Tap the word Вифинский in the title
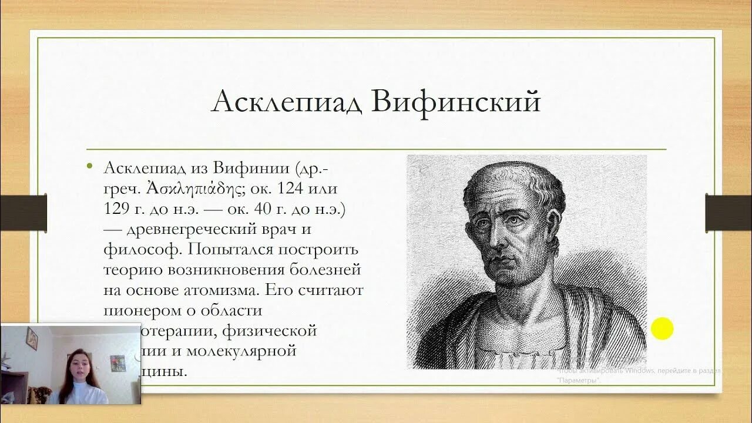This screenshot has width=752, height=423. click(455, 103)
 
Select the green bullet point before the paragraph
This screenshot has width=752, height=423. click(89, 167)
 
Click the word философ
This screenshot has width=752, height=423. click(140, 250)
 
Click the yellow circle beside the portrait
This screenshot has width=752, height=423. click(662, 328)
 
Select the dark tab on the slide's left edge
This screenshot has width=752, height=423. click(23, 212)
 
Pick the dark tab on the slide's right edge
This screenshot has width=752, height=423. click(728, 212)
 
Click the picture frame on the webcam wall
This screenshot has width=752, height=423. click(32, 338)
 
